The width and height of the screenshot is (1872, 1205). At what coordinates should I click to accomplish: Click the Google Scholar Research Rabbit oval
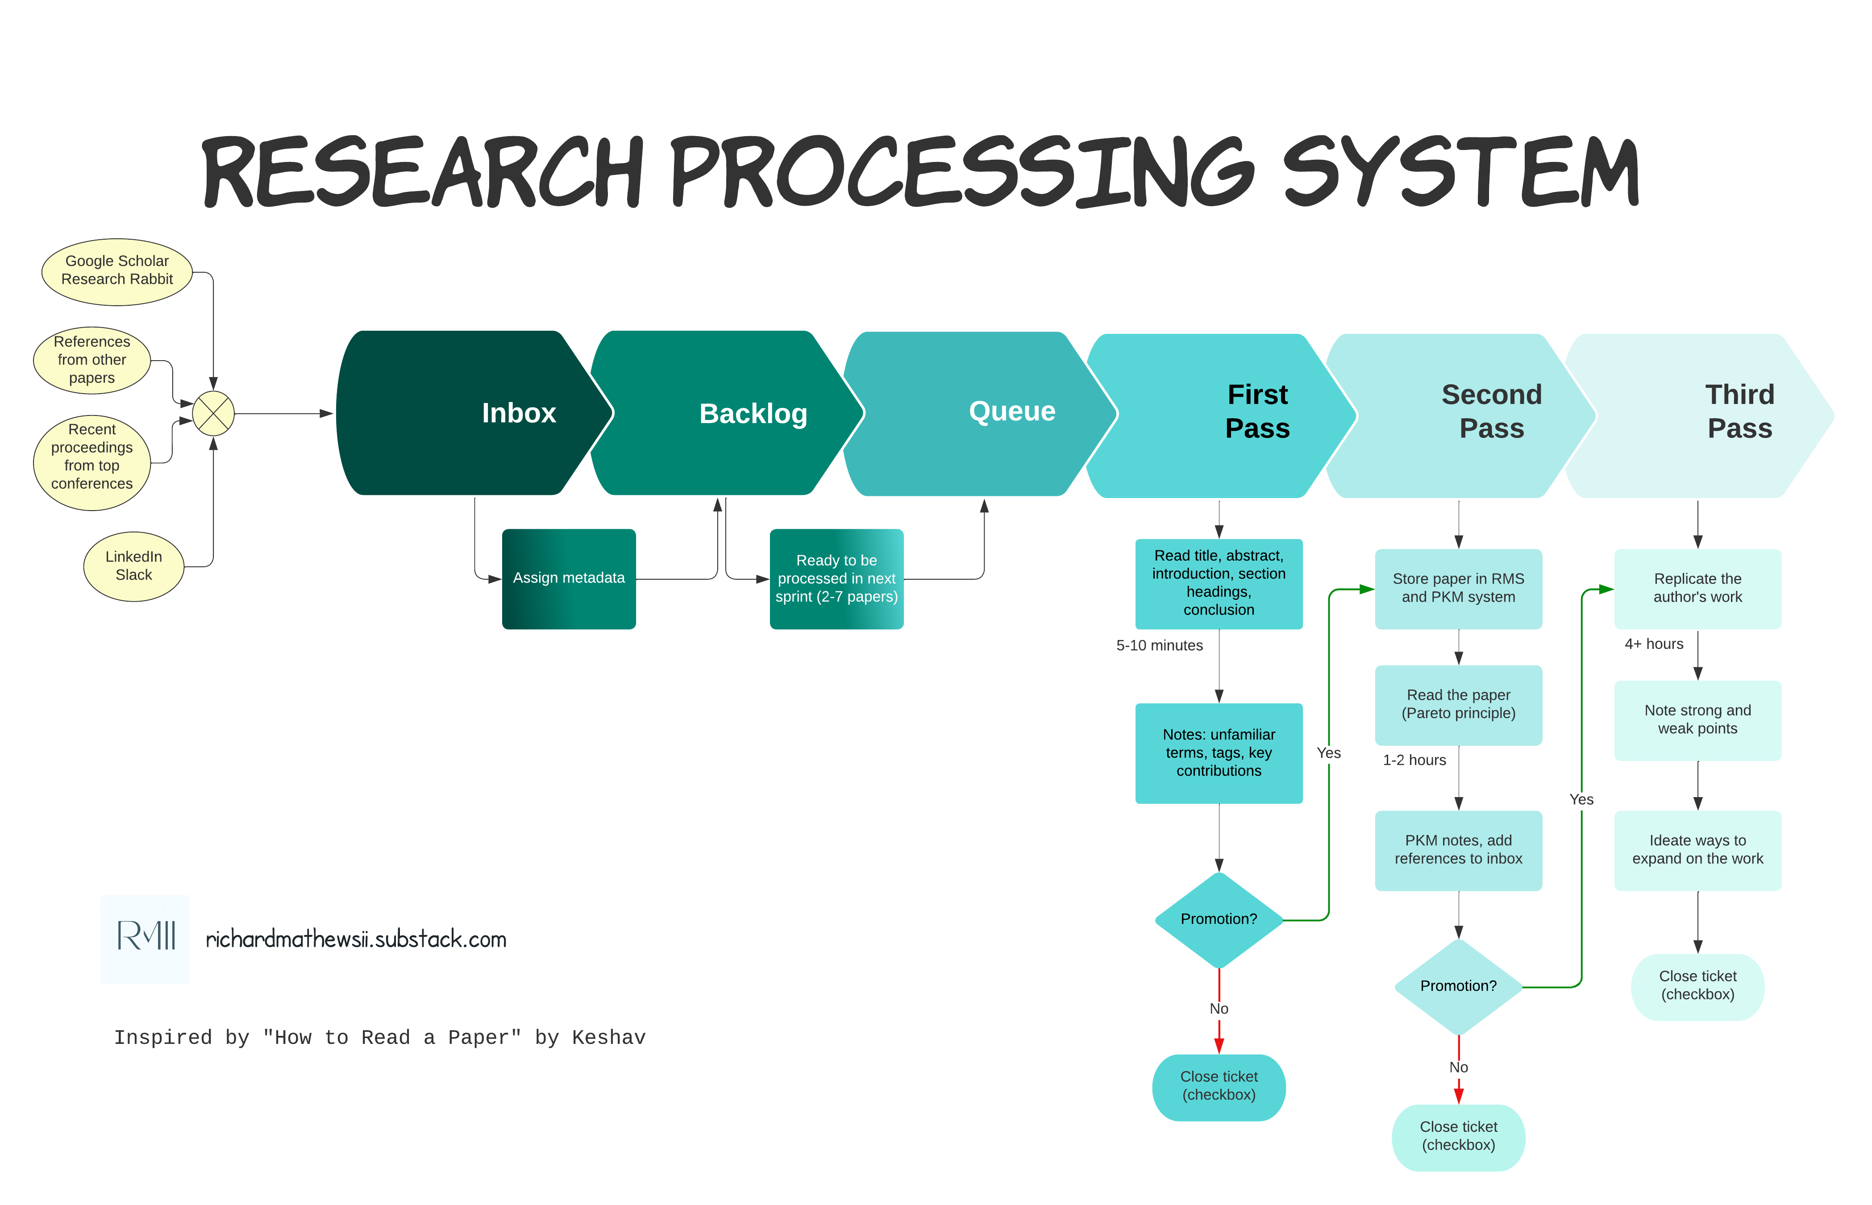(116, 271)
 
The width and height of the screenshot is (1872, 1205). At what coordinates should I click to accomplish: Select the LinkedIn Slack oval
(134, 566)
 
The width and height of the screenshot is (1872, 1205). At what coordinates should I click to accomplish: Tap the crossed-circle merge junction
(213, 413)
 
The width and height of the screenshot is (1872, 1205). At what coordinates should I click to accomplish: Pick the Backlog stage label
(753, 413)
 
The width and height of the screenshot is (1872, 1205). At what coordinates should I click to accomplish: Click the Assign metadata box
(569, 578)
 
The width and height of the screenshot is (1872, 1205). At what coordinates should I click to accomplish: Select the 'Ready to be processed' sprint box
(836, 579)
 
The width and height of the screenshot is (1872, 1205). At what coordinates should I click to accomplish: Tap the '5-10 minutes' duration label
(1159, 645)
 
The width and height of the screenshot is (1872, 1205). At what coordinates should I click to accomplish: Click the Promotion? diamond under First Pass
(1219, 919)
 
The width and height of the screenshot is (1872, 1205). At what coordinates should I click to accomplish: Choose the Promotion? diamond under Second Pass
(1458, 986)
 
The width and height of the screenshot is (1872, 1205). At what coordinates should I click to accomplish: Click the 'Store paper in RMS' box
(1458, 588)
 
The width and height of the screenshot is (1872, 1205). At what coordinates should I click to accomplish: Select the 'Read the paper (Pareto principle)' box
(1458, 704)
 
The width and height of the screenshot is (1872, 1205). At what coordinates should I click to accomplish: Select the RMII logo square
(145, 939)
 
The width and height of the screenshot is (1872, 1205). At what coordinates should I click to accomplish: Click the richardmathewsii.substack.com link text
(356, 939)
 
